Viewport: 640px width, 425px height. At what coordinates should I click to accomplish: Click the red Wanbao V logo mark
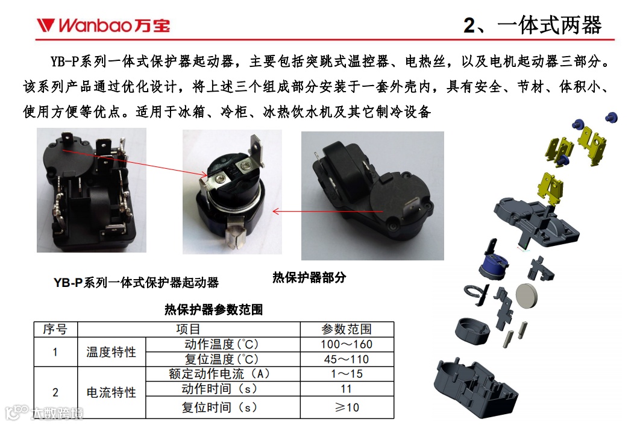click(45, 25)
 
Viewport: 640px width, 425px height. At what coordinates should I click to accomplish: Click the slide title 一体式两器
click(550, 25)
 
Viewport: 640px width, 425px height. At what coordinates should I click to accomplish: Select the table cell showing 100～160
click(347, 344)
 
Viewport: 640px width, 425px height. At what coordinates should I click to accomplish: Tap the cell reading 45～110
click(347, 359)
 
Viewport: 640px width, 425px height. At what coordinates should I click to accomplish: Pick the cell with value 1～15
click(347, 374)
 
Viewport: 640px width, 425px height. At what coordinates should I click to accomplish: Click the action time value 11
click(347, 389)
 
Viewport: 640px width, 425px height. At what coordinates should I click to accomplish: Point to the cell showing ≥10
click(347, 407)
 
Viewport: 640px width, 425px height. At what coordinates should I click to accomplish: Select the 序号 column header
click(55, 329)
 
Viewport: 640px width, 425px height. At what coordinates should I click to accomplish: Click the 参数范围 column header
click(347, 329)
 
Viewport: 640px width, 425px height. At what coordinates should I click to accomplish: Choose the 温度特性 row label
click(111, 351)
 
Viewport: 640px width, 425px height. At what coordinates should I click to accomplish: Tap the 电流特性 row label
click(111, 392)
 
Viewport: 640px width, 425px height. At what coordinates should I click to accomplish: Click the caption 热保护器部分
click(309, 278)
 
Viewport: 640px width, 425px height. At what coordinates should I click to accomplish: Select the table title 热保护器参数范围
click(213, 309)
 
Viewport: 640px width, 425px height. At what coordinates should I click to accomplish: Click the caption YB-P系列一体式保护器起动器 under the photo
click(136, 283)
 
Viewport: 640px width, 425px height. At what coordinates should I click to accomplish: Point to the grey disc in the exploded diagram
click(527, 296)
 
